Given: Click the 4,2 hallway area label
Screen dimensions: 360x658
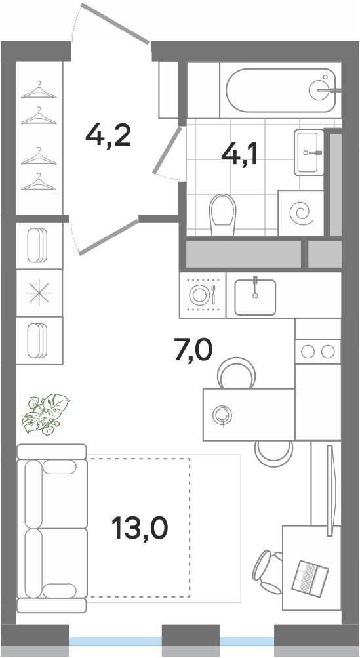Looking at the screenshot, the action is pos(108,136).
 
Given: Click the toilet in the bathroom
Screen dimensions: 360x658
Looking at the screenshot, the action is pos(222,215).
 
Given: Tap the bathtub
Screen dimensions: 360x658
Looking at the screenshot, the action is pos(281,91).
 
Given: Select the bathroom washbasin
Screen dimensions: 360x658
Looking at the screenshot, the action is pos(310,152).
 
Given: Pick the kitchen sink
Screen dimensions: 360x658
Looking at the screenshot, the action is pos(255,297).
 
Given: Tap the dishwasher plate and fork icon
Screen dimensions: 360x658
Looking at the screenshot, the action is pos(203,295).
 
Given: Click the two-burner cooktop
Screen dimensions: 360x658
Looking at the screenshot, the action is pos(317,351).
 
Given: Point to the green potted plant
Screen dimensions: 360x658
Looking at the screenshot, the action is pos(46,414).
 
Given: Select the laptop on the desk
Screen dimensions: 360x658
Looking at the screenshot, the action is pos(310,577).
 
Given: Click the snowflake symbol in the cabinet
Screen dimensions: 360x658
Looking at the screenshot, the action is pos(39,293).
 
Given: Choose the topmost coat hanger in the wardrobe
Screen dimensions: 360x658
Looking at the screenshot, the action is pos(39,90).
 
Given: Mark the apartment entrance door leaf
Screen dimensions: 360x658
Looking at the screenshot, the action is pos(115,24).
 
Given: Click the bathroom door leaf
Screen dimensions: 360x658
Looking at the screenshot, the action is pos(167,150).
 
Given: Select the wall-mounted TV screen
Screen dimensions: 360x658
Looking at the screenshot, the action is pos(330,490).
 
